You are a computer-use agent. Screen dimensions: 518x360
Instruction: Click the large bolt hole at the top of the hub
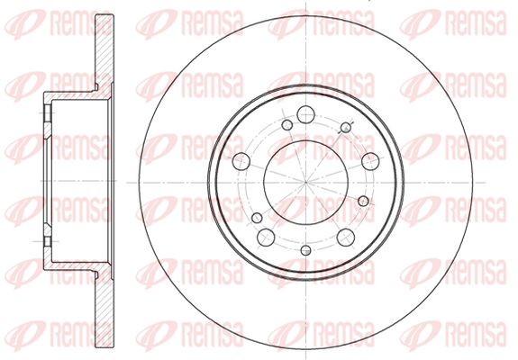click(306, 114)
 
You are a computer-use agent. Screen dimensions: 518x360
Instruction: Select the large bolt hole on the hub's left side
click(241, 161)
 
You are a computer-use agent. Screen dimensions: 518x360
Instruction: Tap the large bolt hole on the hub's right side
click(370, 161)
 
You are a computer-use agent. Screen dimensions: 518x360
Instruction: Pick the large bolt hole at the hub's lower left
click(266, 238)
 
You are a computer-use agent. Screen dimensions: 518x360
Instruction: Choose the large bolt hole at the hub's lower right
click(346, 238)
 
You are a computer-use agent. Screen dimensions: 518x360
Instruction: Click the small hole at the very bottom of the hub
click(306, 250)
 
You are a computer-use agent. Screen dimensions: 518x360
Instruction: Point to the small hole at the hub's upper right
click(346, 127)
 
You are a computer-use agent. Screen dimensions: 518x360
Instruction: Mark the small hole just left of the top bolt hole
click(287, 125)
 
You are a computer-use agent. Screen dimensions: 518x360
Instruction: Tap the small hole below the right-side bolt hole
click(363, 201)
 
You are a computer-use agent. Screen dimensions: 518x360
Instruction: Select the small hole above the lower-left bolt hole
click(257, 218)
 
